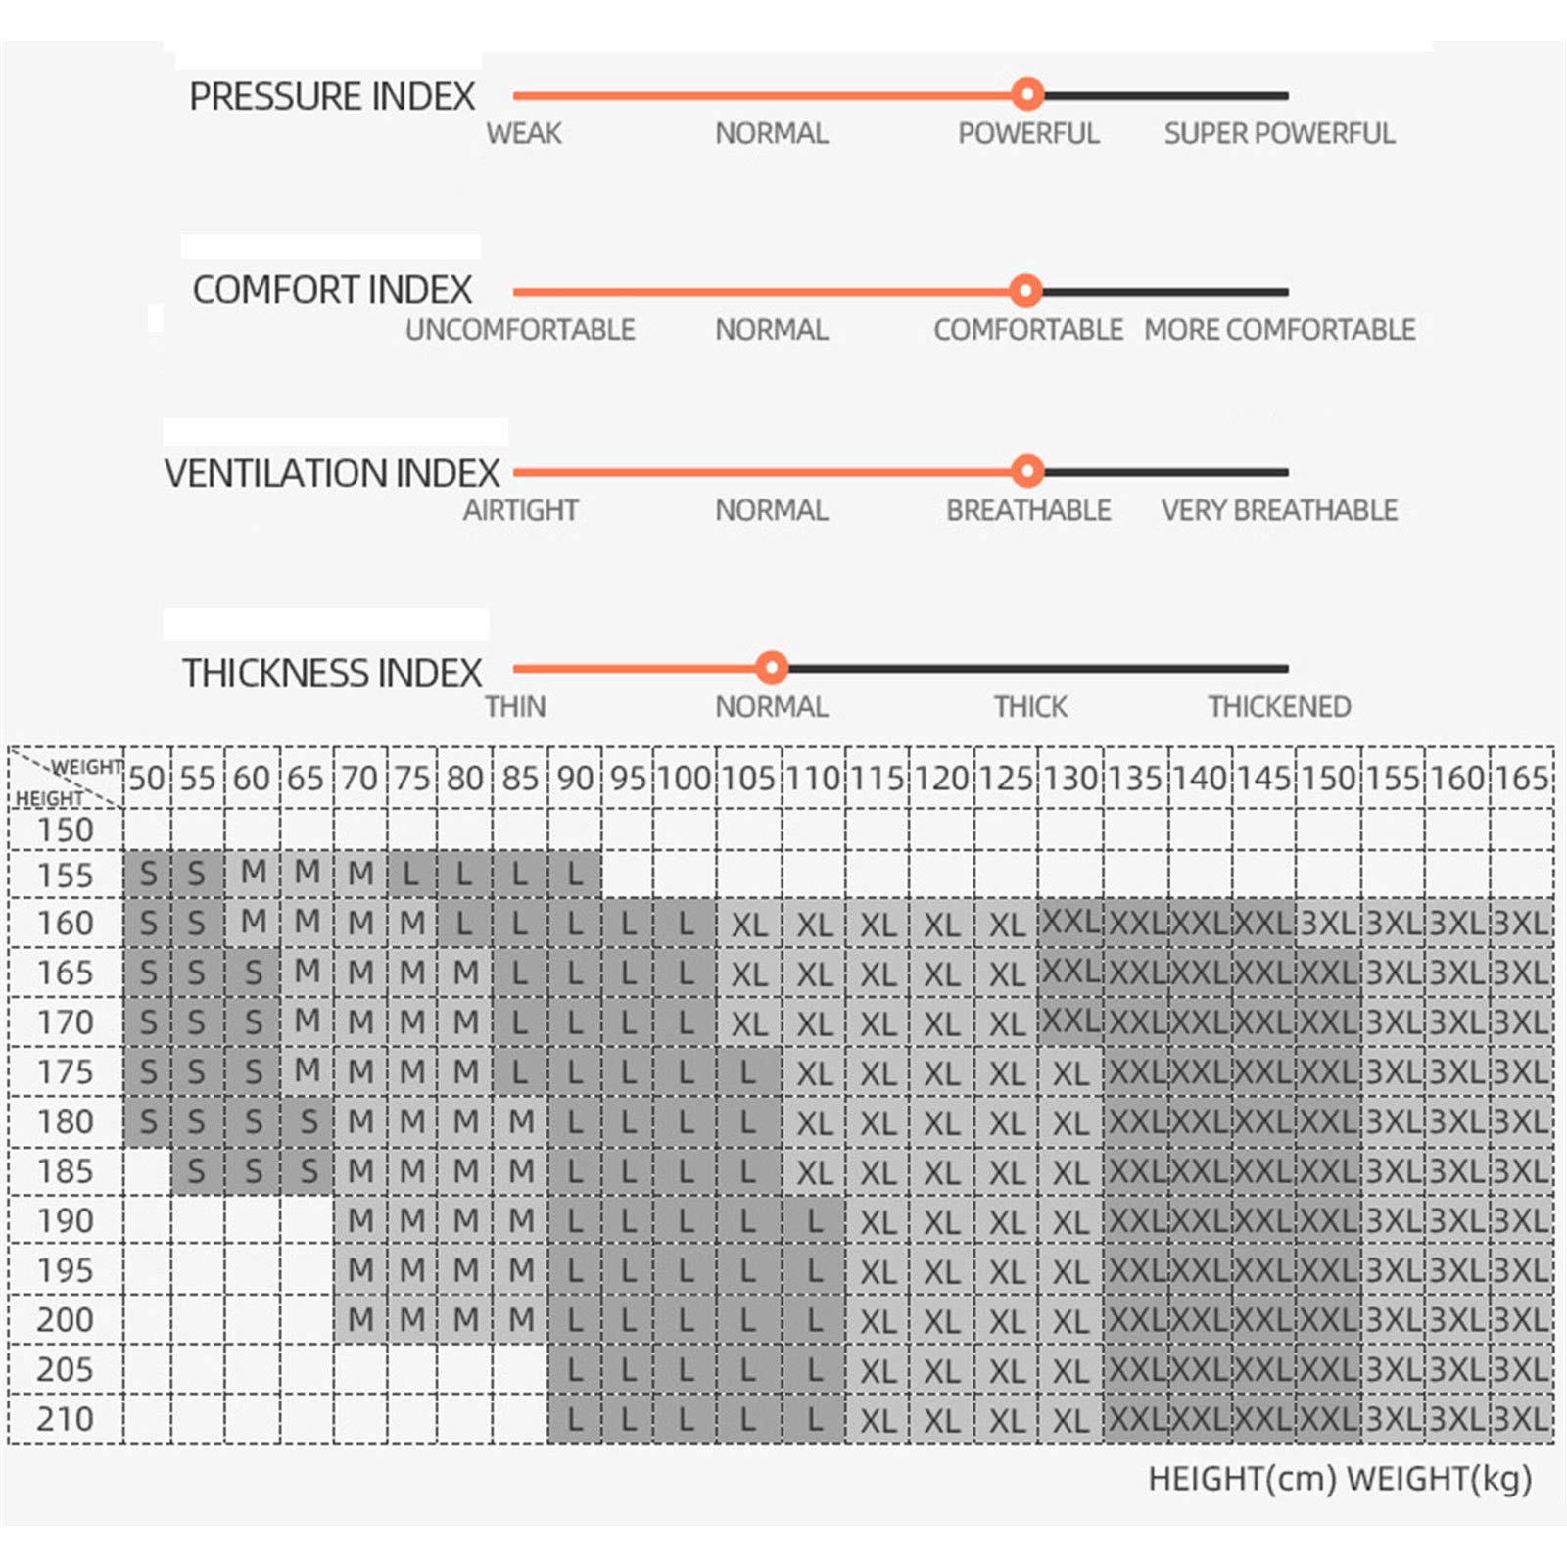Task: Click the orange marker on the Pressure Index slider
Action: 1027,95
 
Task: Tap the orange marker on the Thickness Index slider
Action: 772,668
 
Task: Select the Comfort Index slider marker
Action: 1025,291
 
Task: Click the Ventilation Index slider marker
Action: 1027,472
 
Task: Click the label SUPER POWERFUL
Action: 1279,133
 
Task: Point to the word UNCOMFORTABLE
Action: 520,330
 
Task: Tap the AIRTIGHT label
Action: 521,510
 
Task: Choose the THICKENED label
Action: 1279,706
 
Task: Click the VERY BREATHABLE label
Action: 1279,510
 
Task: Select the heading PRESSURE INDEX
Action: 332,97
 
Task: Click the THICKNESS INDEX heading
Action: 332,673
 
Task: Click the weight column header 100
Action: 684,779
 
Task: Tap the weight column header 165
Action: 1522,779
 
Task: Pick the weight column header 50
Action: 147,779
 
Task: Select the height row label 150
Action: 66,831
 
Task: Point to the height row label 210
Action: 66,1419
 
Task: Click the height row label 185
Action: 66,1171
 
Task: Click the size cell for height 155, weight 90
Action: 575,874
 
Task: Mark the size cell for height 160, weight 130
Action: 1070,923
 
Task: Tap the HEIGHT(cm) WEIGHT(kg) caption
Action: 1340,1479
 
